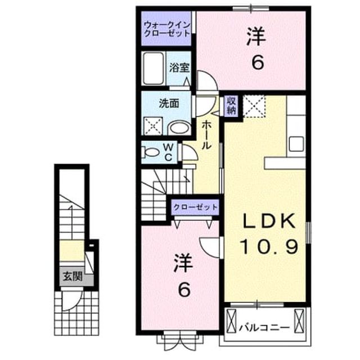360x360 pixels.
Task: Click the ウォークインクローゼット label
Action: click(x=167, y=29)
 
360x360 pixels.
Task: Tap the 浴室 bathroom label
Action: click(x=179, y=67)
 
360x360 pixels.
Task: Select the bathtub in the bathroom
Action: click(x=153, y=68)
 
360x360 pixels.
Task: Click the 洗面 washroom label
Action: click(x=169, y=103)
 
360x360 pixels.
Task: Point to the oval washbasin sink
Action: click(x=179, y=128)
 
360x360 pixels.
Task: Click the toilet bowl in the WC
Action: click(x=151, y=152)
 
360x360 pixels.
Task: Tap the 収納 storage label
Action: click(x=231, y=106)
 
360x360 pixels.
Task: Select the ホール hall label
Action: click(x=206, y=135)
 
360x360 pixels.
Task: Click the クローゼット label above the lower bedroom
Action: click(x=195, y=207)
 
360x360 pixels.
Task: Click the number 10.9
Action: click(x=269, y=246)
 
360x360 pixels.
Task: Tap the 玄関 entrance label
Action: click(x=73, y=276)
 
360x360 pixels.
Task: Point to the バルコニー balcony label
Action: click(x=264, y=327)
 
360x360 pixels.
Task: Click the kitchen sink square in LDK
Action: click(x=296, y=144)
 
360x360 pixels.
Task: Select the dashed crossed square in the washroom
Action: click(x=153, y=126)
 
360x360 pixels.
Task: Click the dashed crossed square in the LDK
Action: click(x=254, y=106)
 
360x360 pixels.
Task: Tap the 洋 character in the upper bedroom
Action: click(x=256, y=37)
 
